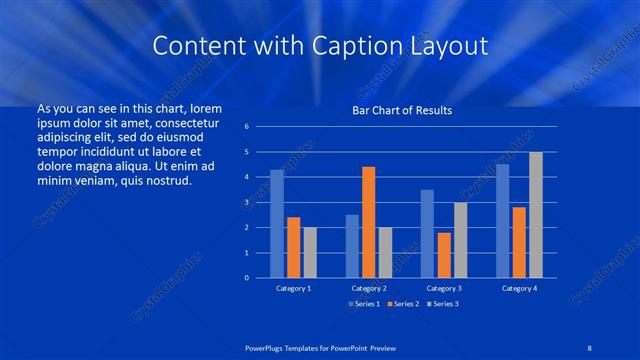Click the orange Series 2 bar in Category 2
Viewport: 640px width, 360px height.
[x=368, y=222]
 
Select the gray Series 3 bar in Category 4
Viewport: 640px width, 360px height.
[x=536, y=215]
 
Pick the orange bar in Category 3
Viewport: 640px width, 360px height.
[x=443, y=255]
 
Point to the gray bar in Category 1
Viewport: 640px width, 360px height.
[x=310, y=252]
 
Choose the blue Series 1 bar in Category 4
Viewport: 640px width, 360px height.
[x=503, y=221]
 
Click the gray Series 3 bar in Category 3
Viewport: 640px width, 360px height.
[x=460, y=240]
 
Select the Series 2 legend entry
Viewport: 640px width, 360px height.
[x=403, y=303]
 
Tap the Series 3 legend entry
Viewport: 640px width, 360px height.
[x=444, y=303]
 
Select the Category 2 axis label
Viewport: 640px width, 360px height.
[x=368, y=288]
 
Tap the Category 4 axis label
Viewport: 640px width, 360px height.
[x=519, y=288]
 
